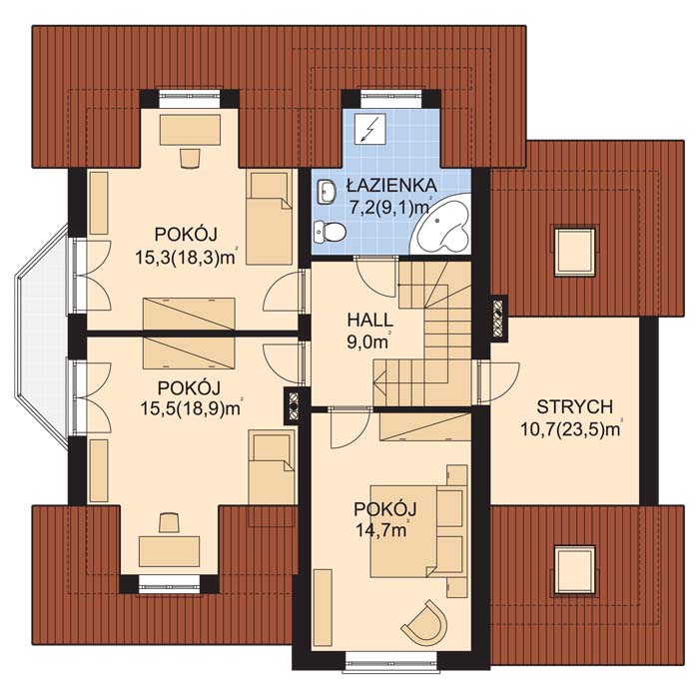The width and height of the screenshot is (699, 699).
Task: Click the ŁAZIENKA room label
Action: click(391, 186)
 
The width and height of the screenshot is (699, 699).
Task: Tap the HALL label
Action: click(370, 321)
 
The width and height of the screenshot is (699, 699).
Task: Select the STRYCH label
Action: click(574, 407)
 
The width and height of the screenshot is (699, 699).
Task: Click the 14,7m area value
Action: click(381, 530)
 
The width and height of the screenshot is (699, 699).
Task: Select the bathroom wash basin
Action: click(327, 193)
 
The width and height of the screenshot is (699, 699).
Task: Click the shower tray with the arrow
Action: click(370, 129)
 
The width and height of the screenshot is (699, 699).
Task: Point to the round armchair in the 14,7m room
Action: click(425, 622)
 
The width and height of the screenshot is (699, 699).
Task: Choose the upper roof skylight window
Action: click(574, 250)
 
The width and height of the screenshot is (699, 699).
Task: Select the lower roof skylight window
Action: click(574, 570)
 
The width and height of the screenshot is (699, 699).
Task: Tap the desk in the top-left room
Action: click(191, 129)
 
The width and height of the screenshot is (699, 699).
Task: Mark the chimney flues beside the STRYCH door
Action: click(498, 318)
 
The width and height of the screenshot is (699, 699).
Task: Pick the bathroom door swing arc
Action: click(376, 278)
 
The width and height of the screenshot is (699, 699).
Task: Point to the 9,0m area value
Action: click(367, 342)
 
